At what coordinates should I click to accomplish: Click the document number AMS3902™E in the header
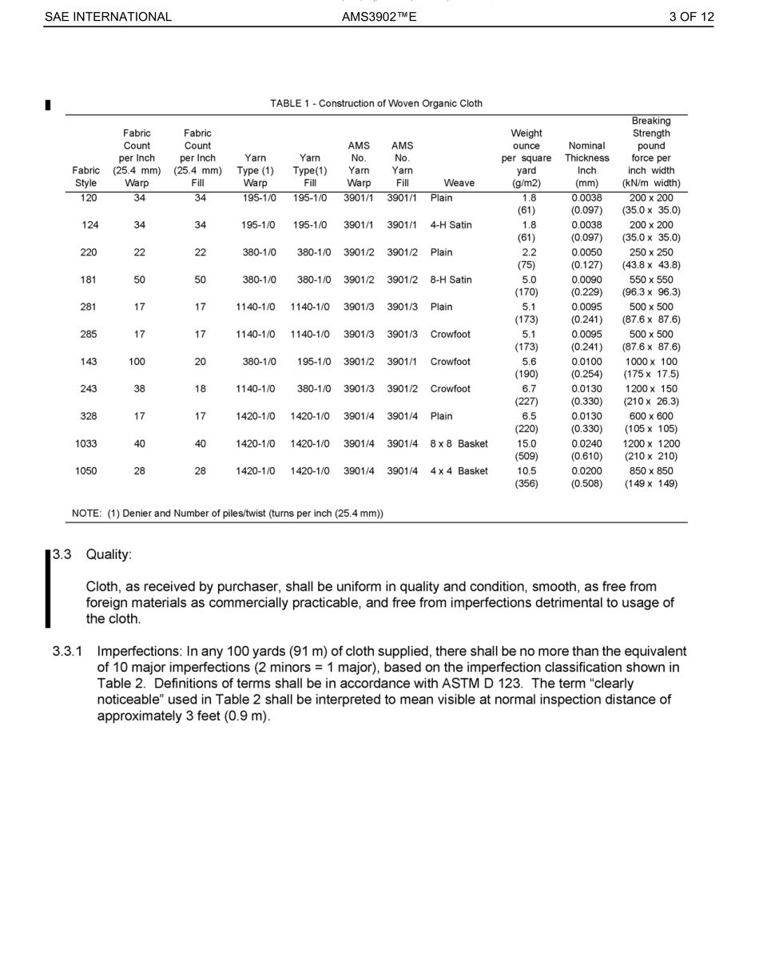(379, 17)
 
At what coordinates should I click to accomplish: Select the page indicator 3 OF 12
(691, 17)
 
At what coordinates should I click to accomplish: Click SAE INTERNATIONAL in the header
(108, 17)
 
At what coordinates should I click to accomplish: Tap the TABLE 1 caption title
(376, 104)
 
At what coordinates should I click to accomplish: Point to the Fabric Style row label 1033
(86, 443)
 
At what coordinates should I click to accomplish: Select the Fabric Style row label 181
(89, 280)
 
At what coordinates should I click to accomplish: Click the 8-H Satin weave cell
(451, 280)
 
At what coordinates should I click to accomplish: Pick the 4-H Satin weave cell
(451, 225)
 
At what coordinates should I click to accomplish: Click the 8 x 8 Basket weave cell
(459, 443)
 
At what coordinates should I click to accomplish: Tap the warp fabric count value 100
(137, 362)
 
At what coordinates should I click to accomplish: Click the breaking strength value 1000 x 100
(651, 362)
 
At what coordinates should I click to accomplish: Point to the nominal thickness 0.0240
(586, 443)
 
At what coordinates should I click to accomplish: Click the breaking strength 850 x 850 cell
(651, 471)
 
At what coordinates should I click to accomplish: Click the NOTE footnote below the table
(228, 513)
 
